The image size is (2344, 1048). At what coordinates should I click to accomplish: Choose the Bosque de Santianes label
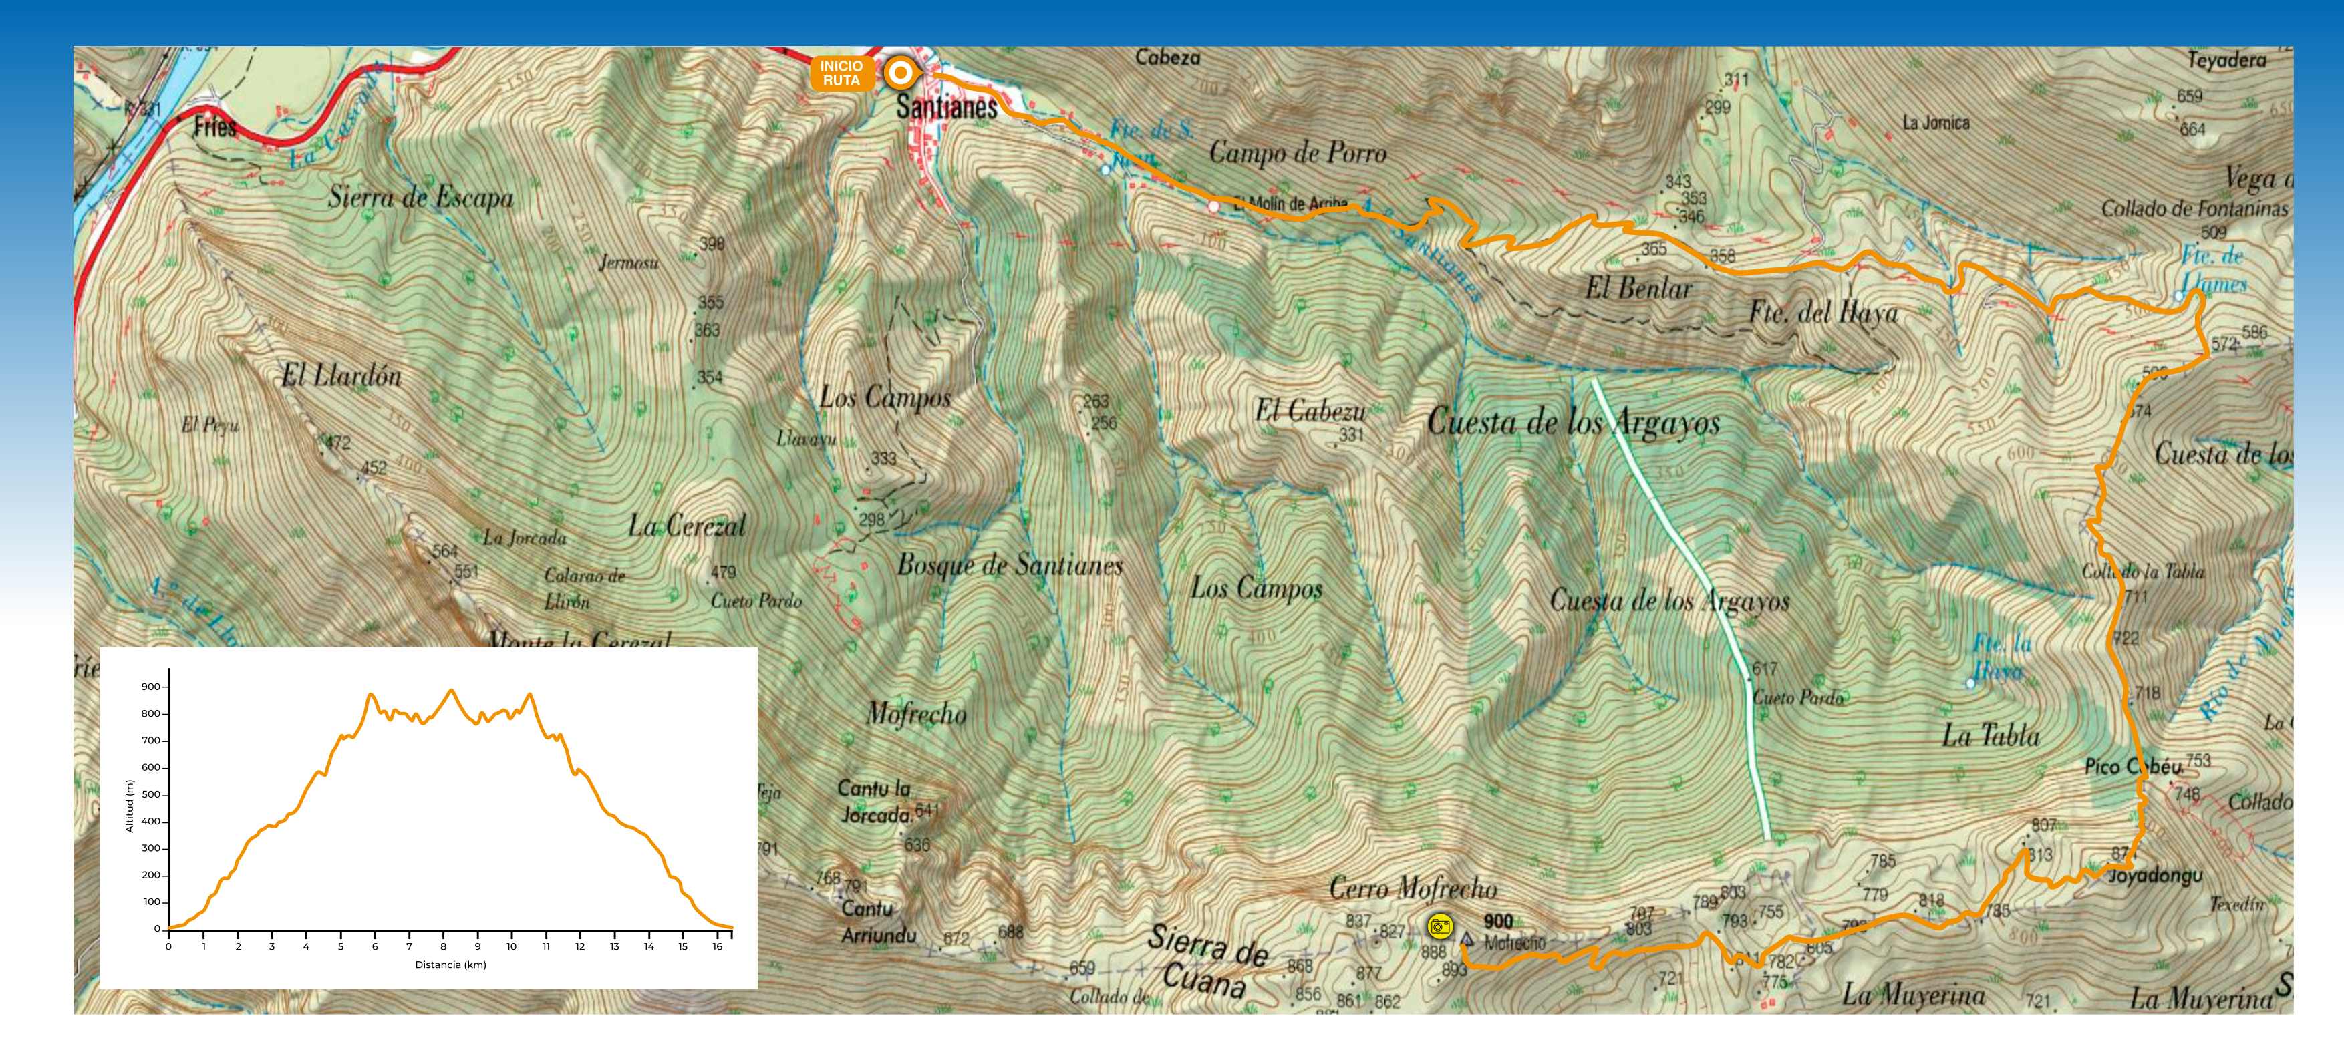[1010, 566]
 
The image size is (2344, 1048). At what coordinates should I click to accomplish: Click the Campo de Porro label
[1298, 153]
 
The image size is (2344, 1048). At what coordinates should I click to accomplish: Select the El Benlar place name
[1639, 289]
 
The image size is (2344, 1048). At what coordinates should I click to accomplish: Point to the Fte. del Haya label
[1823, 314]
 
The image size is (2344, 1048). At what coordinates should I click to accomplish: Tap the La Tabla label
[1991, 735]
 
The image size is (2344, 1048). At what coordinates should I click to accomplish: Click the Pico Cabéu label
[2133, 767]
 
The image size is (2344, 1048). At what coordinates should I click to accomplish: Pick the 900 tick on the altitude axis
[150, 687]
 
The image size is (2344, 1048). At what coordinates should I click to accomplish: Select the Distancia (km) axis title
[450, 965]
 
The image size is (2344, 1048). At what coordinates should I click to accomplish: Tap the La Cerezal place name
[686, 526]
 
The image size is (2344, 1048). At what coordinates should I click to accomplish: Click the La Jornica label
[1936, 122]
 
